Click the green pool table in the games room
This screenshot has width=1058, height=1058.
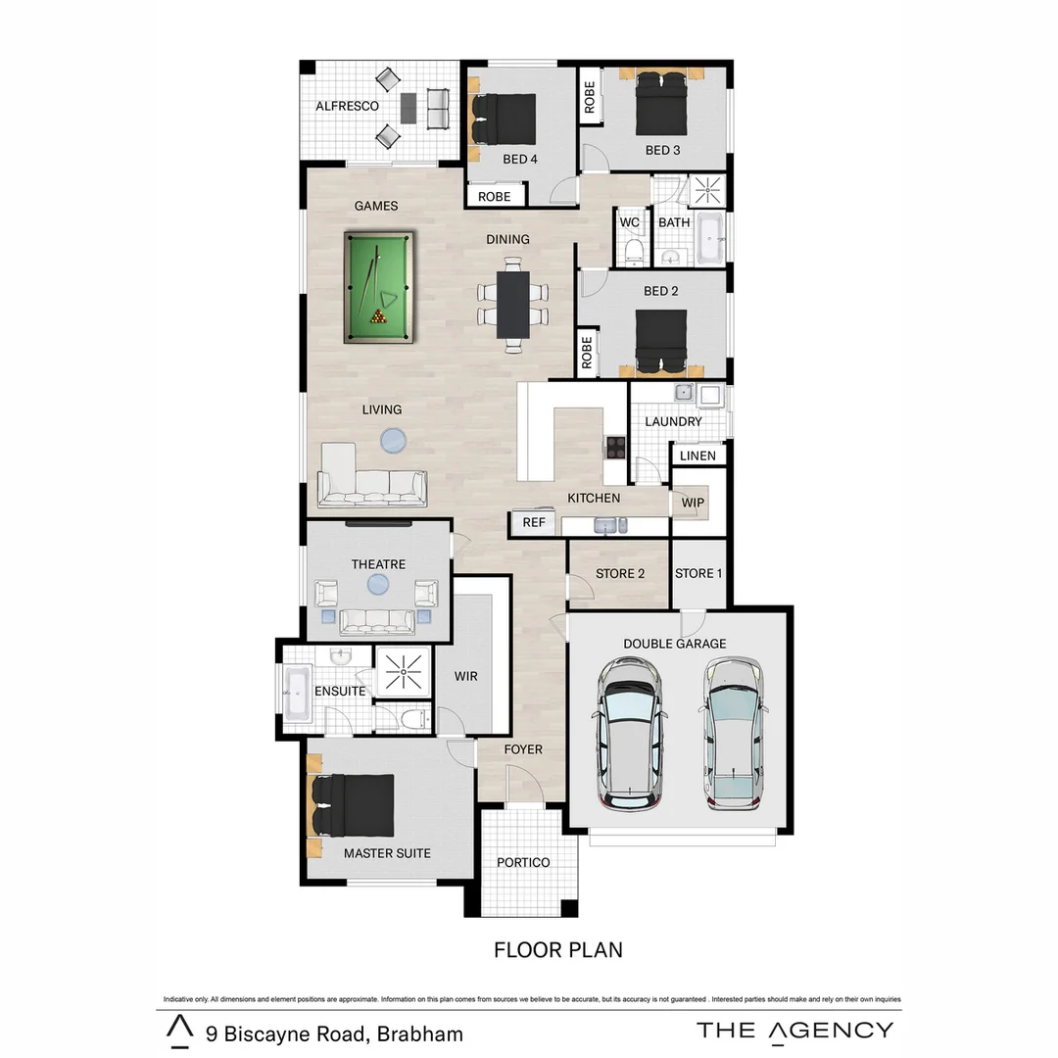(379, 287)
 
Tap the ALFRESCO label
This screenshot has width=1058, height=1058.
(347, 106)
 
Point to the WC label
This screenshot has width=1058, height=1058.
(630, 222)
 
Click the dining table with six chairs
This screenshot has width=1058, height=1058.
(512, 304)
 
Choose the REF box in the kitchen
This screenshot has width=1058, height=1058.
(534, 522)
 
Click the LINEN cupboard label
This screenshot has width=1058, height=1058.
(697, 456)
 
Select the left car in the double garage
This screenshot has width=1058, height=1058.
(630, 732)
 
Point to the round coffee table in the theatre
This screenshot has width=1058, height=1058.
(378, 585)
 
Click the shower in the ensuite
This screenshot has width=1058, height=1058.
(403, 671)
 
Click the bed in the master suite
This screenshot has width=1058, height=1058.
(352, 805)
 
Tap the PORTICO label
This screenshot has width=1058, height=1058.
(523, 862)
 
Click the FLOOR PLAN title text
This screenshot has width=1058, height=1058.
(557, 949)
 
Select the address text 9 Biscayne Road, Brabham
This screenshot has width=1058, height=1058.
(334, 1034)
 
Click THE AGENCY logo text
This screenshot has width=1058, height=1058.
(794, 1030)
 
